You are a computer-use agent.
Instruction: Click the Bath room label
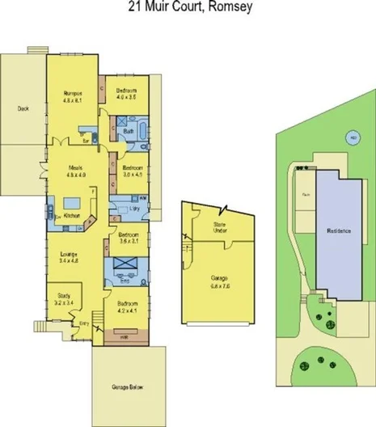point(128,130)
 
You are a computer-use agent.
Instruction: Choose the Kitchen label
point(70,217)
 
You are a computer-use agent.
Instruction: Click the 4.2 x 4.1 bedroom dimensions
point(127,310)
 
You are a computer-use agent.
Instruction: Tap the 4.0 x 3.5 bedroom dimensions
point(125,96)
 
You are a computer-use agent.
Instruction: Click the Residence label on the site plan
point(339,231)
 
